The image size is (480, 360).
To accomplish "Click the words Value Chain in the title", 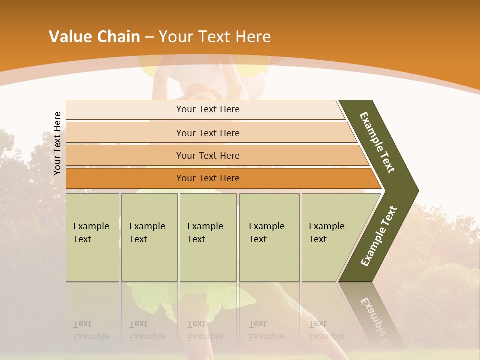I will [x=94, y=37].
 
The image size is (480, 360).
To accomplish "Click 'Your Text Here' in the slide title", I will [x=215, y=37].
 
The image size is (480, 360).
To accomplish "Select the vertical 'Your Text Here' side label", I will [x=58, y=143].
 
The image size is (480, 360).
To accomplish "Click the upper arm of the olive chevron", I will [x=378, y=142].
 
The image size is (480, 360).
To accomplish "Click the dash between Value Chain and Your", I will [x=149, y=37].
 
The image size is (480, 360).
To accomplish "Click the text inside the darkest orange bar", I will [x=208, y=178].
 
